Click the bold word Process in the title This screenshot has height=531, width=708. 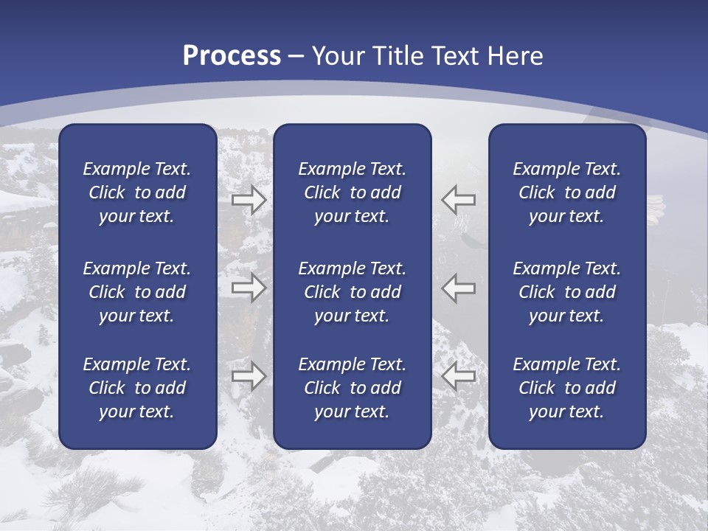tap(232, 56)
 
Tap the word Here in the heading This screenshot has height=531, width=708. tap(516, 56)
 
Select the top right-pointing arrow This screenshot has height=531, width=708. tap(249, 199)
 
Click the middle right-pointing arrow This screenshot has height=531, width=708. tap(249, 287)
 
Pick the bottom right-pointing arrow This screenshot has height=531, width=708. tap(249, 376)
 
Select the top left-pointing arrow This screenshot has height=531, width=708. tap(458, 199)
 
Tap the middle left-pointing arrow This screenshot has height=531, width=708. tap(458, 287)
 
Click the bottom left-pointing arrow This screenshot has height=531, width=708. tap(458, 376)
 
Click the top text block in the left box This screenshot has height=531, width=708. tap(137, 192)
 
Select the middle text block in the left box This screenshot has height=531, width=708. tap(137, 292)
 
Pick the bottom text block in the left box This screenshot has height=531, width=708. tap(137, 388)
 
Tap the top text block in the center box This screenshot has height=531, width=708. tap(352, 192)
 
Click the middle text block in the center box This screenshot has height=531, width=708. tap(352, 292)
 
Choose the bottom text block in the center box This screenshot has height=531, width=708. tap(352, 388)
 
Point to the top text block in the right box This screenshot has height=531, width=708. tap(566, 192)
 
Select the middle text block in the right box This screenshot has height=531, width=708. tap(566, 292)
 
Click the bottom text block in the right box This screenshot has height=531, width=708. tap(566, 388)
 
